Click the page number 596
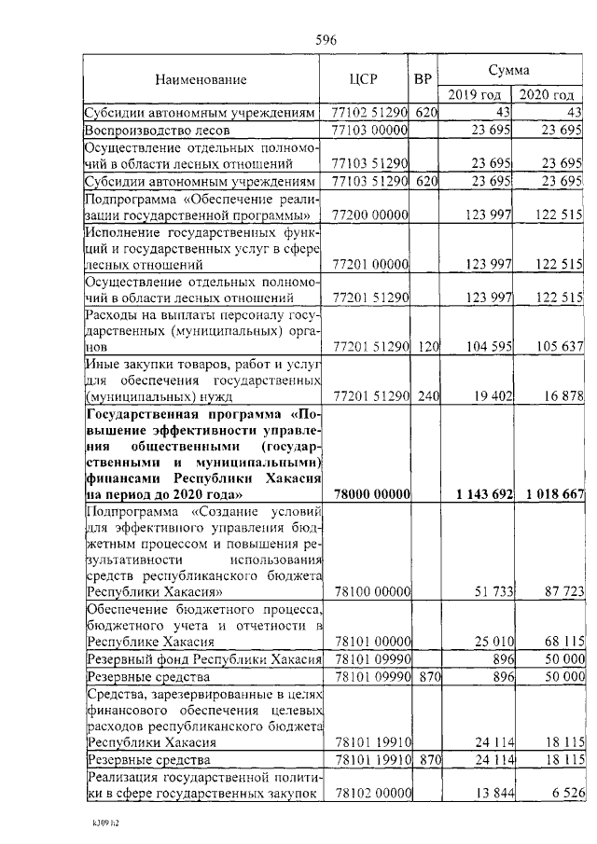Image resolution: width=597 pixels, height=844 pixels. pyautogui.click(x=326, y=39)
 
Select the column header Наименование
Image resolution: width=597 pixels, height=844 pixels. pyautogui.click(x=201, y=81)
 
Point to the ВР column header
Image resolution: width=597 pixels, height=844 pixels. pyautogui.click(x=423, y=81)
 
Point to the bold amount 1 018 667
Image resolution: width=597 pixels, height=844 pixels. pyautogui.click(x=553, y=493)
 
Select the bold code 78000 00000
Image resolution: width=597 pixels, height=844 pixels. pyautogui.click(x=370, y=493)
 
